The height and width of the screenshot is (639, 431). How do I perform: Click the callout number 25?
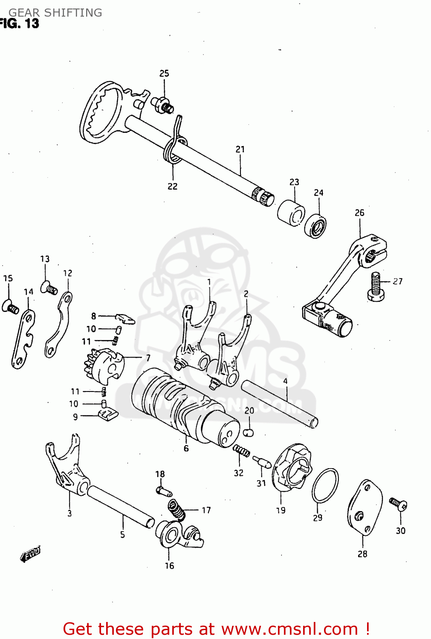point(164,73)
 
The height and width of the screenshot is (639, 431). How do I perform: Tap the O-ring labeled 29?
point(325,486)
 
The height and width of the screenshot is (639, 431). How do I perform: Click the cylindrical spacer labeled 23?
point(291,212)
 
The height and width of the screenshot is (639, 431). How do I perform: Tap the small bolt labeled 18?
point(164,491)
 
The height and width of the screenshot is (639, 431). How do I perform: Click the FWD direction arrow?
point(31,554)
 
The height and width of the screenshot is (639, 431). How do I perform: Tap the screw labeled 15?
point(10,307)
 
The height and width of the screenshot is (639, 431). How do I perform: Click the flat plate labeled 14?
point(23,339)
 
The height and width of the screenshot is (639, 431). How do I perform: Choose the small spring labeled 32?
point(241,450)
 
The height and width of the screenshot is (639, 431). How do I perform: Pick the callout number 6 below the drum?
point(186,448)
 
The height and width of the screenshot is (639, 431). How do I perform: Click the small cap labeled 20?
point(249,432)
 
